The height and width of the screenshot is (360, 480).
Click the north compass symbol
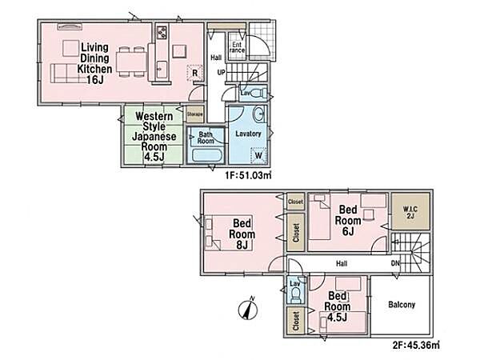coord(248,309)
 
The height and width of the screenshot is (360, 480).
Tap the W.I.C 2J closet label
coord(410,213)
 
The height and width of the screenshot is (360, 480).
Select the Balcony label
coord(402,305)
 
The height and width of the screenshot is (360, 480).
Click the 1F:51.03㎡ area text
coord(248,175)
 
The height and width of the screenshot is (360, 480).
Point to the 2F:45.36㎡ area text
coord(416,346)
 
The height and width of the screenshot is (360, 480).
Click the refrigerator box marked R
coord(194,73)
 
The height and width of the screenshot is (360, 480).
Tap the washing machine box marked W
coord(258,155)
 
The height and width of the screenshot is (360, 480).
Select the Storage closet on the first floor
coord(195,114)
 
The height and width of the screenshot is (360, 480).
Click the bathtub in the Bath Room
coord(206,155)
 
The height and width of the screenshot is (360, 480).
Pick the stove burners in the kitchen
coord(162,32)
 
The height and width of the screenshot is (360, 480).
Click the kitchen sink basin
coord(162,70)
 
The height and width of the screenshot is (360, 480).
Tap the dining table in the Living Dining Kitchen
coord(132,62)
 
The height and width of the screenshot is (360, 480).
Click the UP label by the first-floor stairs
coord(221,73)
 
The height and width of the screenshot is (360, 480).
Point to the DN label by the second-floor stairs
coord(395,263)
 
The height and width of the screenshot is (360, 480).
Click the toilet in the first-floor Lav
coord(259,93)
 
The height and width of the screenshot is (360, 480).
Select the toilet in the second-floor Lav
coord(295,296)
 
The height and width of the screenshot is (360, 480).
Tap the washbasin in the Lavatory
coord(259,114)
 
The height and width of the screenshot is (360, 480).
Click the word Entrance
coord(238,47)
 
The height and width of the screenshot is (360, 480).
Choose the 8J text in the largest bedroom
coord(242,245)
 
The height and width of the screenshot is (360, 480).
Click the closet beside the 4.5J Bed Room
coord(296,321)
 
